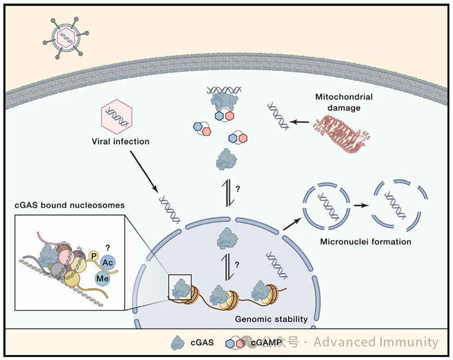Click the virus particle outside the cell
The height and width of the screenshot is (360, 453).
pyautogui.click(x=66, y=37)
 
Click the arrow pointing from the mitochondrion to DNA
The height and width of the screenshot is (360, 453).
pyautogui.click(x=300, y=121)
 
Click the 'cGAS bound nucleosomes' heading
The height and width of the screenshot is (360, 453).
pyautogui.click(x=71, y=205)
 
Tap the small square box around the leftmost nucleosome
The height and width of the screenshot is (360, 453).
pyautogui.click(x=180, y=287)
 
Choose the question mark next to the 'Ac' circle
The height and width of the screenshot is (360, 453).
pyautogui.click(x=107, y=247)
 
